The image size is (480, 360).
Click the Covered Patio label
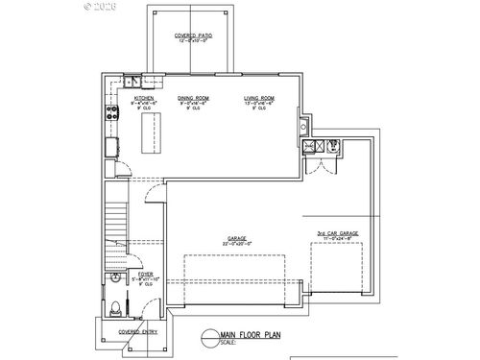point(193,37)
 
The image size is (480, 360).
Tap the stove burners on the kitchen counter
point(111,109)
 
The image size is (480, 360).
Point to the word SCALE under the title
point(227,342)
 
